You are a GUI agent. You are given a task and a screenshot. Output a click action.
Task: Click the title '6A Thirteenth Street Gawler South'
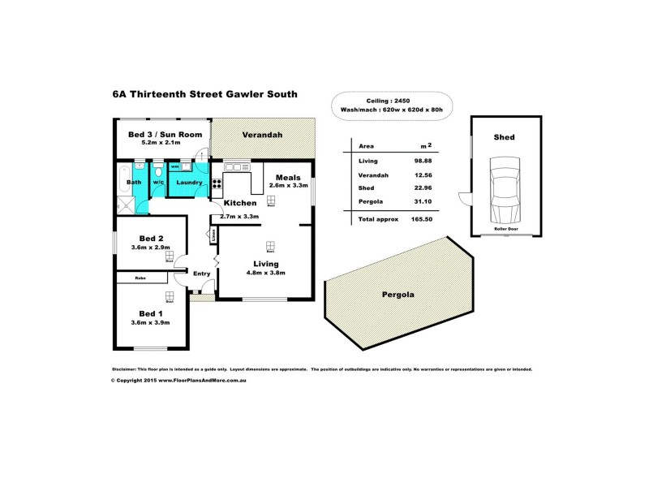click(x=204, y=94)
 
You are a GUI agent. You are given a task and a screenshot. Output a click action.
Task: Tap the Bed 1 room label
click(x=151, y=314)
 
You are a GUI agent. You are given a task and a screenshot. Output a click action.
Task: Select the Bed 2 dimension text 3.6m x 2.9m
click(x=151, y=247)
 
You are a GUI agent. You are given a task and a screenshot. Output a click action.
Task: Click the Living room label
click(x=265, y=264)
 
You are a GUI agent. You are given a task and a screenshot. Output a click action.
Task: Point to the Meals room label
click(x=288, y=177)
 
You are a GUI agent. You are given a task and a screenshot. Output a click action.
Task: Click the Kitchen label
click(x=240, y=202)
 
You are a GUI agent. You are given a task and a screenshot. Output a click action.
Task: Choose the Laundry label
click(x=188, y=183)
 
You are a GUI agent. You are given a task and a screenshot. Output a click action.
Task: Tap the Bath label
click(x=134, y=183)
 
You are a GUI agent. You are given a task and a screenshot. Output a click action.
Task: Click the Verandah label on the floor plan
click(x=262, y=135)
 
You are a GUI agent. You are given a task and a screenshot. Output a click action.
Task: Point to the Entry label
click(x=201, y=274)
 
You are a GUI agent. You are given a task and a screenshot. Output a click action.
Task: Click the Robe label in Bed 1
click(x=140, y=278)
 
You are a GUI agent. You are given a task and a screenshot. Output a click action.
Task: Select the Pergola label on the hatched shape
click(x=398, y=295)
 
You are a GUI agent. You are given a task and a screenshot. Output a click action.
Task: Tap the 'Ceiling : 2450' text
click(x=386, y=99)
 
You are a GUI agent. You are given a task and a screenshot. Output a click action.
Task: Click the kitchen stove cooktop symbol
click(x=217, y=183)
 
